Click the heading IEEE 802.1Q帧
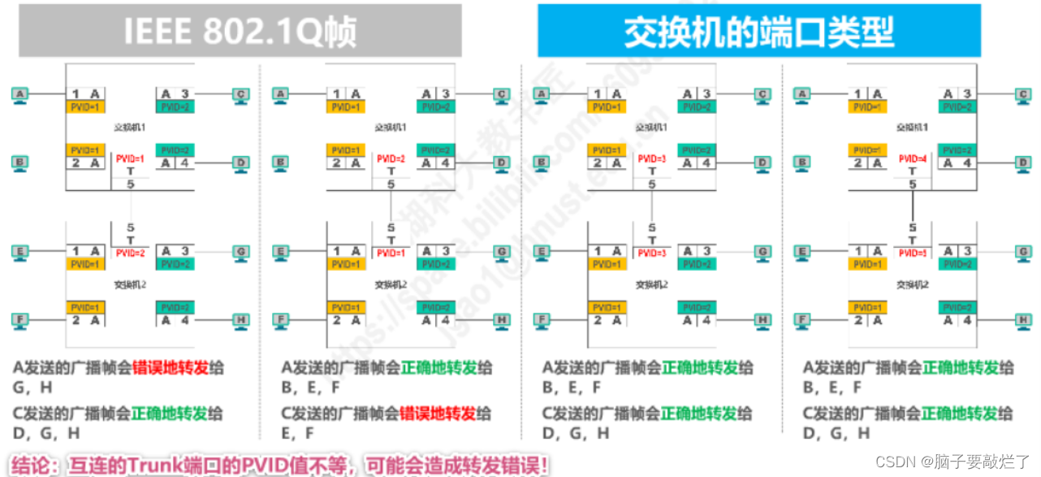[x=240, y=31]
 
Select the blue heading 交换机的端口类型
[x=758, y=31]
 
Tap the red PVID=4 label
[x=913, y=159]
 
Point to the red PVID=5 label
[x=913, y=253]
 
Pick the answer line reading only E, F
[x=298, y=434]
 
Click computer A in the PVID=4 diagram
[x=802, y=95]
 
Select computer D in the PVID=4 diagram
[x=1024, y=163]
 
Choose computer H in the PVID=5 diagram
[x=1024, y=320]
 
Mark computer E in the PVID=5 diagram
[x=802, y=252]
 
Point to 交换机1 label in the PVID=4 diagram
[x=912, y=128]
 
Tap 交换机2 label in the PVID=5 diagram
[x=912, y=285]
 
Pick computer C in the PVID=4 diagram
[x=1024, y=95]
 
